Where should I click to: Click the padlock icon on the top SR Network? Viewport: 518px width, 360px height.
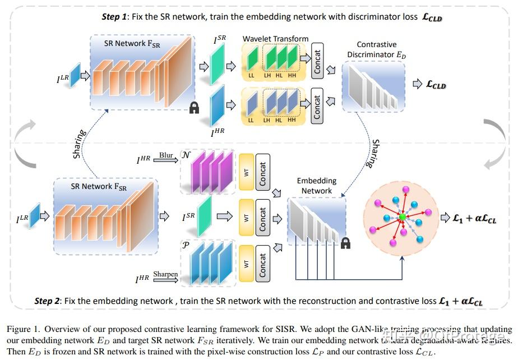(194, 108)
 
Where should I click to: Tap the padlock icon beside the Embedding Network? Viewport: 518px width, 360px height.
(345, 242)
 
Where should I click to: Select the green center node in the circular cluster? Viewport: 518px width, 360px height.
(401, 217)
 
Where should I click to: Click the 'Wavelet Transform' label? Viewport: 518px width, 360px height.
(275, 39)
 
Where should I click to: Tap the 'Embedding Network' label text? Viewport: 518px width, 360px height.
(316, 186)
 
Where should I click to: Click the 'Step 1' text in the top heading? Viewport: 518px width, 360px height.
(114, 17)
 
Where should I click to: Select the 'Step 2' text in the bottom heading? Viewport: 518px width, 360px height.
(47, 301)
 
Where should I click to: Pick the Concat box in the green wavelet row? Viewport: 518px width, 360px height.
(317, 58)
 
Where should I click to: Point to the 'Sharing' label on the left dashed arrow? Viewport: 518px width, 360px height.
(79, 144)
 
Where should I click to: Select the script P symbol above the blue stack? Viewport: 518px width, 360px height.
(186, 246)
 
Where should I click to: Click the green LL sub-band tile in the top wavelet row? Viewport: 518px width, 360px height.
(252, 59)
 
